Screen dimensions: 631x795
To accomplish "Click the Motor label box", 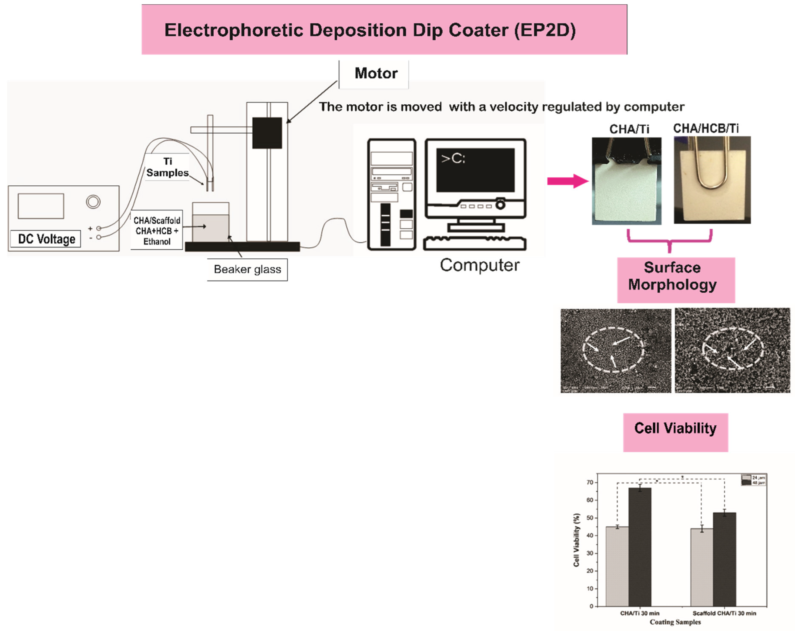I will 373,74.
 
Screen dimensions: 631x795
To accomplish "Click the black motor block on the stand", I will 267,133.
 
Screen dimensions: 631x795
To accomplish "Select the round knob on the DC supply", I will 93,202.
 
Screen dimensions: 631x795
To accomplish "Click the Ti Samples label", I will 167,167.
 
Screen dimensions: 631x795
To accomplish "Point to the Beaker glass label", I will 247,270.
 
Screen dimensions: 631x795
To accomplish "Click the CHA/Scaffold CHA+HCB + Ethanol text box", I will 157,231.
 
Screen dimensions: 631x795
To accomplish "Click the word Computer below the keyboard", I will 479,265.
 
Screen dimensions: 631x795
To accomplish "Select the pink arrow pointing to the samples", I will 567,181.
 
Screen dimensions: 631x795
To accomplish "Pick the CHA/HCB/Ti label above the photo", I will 705,129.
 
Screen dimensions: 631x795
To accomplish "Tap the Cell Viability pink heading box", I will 675,432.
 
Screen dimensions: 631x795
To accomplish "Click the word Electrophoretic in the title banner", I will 233,30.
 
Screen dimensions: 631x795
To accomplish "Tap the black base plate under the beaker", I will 242,246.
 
